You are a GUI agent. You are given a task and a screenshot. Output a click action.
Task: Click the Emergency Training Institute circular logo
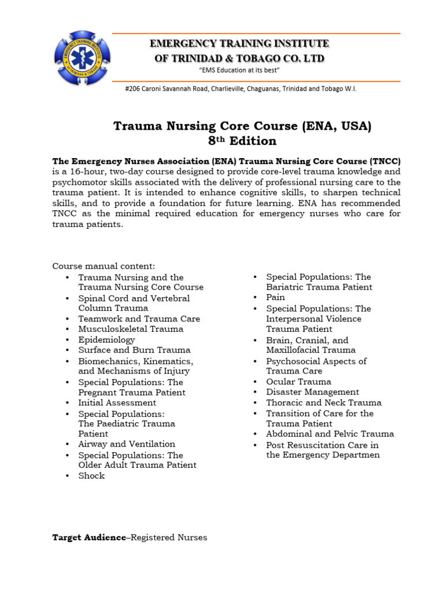82,57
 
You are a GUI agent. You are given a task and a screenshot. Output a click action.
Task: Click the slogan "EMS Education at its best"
239,70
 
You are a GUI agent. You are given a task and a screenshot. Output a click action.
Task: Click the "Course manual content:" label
103,266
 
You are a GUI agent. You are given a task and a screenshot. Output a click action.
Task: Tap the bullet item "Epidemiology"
106,340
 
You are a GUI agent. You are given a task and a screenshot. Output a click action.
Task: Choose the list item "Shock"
91,476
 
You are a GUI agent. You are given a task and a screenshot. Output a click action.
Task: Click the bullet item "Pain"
275,297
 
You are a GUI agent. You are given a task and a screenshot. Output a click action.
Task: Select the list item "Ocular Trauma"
298,382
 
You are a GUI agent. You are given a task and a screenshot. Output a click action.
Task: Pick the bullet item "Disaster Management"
312,392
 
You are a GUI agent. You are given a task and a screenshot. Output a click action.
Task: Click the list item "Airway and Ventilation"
127,444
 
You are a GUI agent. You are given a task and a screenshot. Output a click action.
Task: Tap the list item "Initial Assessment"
117,402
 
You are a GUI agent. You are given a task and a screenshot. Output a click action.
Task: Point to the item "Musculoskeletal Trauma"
131,329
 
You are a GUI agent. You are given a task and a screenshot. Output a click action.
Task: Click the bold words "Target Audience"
88,537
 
